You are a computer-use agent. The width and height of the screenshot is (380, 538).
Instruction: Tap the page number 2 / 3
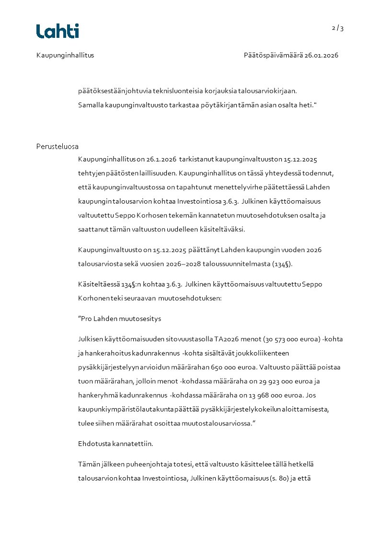[337, 28]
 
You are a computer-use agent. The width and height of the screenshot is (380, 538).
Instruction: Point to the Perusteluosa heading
[58, 146]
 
